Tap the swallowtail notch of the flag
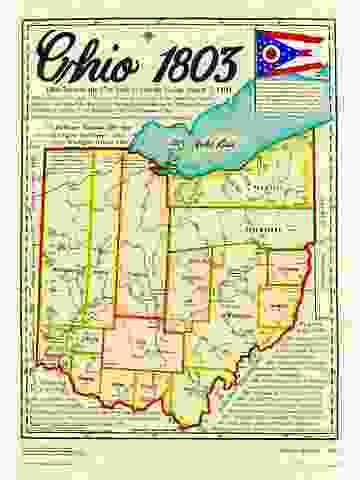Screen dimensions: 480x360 (x=317, y=53)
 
